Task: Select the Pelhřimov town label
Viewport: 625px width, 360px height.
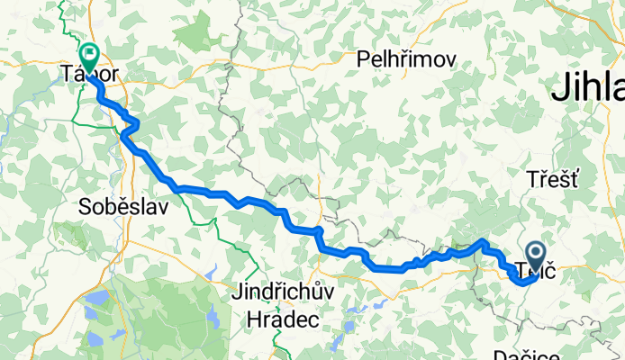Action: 406,60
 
